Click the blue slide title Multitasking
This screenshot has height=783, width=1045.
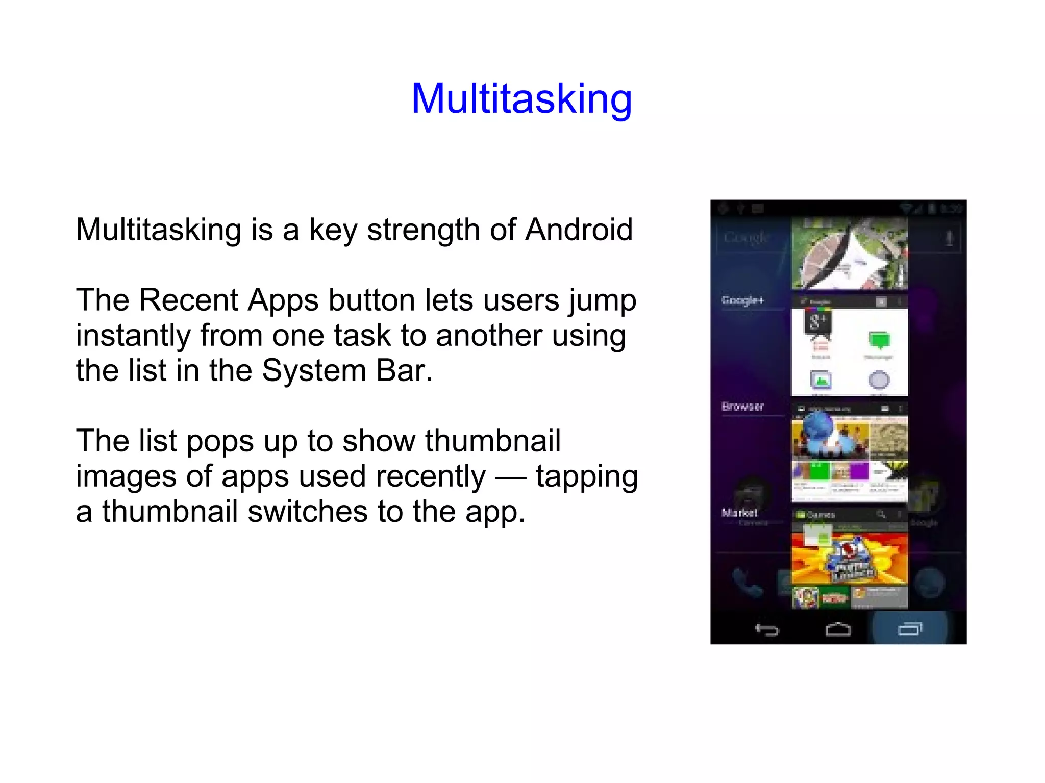coord(521,98)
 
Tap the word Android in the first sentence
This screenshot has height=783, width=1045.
coord(579,230)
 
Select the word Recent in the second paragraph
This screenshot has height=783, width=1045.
coord(188,300)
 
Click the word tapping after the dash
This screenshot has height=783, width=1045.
coord(587,476)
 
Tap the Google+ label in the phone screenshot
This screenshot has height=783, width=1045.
coord(742,300)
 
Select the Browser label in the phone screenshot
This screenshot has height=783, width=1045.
coord(742,407)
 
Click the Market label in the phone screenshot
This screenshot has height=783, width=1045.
coord(739,513)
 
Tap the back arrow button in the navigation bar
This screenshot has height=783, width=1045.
coord(766,630)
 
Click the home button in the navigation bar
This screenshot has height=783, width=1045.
coord(838,630)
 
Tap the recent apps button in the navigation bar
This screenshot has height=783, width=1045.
coord(910,629)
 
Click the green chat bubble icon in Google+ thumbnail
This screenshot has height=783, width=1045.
coord(879,340)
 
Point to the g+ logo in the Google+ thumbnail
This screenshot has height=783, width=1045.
coord(817,321)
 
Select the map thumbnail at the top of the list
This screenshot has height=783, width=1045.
coord(849,253)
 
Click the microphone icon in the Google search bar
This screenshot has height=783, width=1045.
coord(949,238)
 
